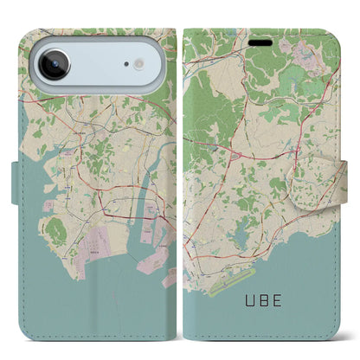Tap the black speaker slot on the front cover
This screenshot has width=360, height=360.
pyautogui.click(x=260, y=40)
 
